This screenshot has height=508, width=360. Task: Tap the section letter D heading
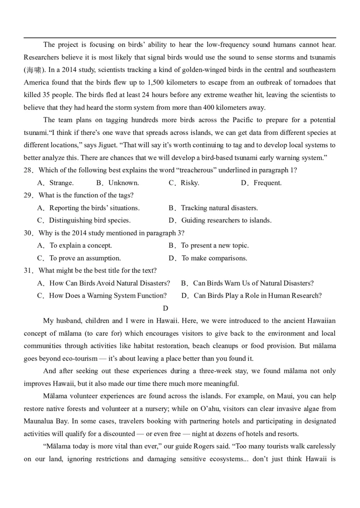[x=165, y=308]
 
